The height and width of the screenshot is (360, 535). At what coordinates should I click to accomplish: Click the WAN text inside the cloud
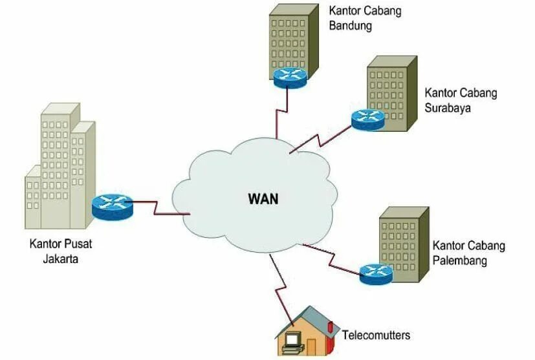(263, 198)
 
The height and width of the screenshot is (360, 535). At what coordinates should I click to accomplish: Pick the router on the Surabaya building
(368, 119)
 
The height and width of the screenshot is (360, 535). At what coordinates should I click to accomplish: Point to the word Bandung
(350, 26)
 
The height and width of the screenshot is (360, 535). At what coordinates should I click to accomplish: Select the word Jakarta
(58, 259)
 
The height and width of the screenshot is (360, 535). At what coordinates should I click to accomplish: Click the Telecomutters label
(376, 335)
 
